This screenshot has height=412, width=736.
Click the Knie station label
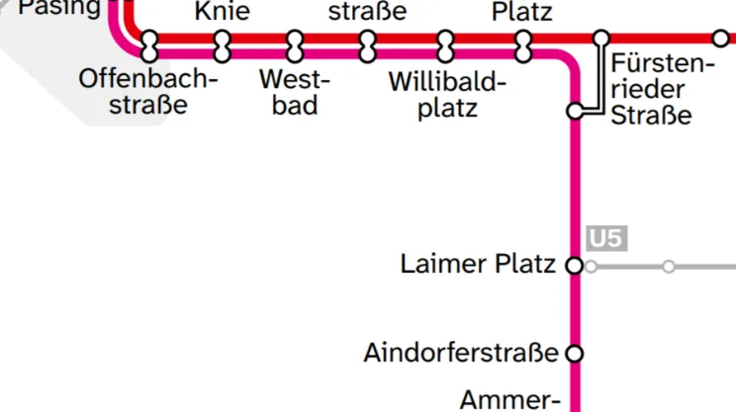point(223,12)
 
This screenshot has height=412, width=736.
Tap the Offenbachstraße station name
point(148,91)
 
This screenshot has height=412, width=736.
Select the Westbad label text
point(295,91)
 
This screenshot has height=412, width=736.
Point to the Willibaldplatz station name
point(447,94)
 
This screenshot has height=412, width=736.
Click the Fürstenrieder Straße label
point(662,90)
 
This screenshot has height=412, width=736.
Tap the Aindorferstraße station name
point(460,353)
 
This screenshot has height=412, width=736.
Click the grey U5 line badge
point(606,239)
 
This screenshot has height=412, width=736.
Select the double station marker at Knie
point(223,44)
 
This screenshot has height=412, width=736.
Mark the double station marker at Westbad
point(295,44)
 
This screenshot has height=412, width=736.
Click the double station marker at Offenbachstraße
point(150,44)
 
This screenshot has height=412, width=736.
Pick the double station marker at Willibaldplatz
point(446,44)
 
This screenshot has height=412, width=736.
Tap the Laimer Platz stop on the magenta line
point(574,265)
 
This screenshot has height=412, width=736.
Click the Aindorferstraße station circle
point(574,353)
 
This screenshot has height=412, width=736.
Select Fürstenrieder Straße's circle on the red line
point(601,39)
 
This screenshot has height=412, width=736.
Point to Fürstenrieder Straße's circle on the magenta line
point(575,111)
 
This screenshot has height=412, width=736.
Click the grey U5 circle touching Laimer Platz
point(592,266)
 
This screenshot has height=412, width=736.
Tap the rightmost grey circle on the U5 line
point(669,266)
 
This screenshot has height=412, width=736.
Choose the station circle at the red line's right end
point(721,39)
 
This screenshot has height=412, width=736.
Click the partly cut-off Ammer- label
point(510,400)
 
